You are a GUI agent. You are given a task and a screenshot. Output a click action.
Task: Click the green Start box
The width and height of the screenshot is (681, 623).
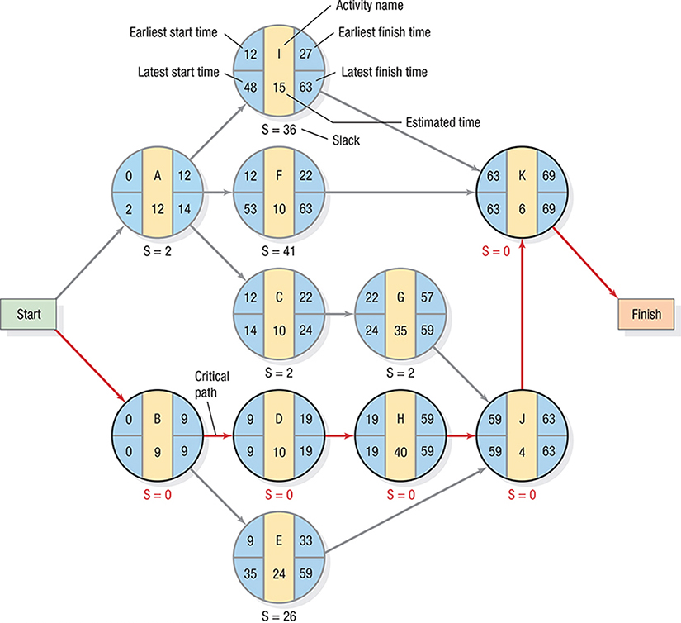click(28, 314)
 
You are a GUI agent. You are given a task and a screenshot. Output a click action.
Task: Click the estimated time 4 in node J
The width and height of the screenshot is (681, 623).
click(521, 451)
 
